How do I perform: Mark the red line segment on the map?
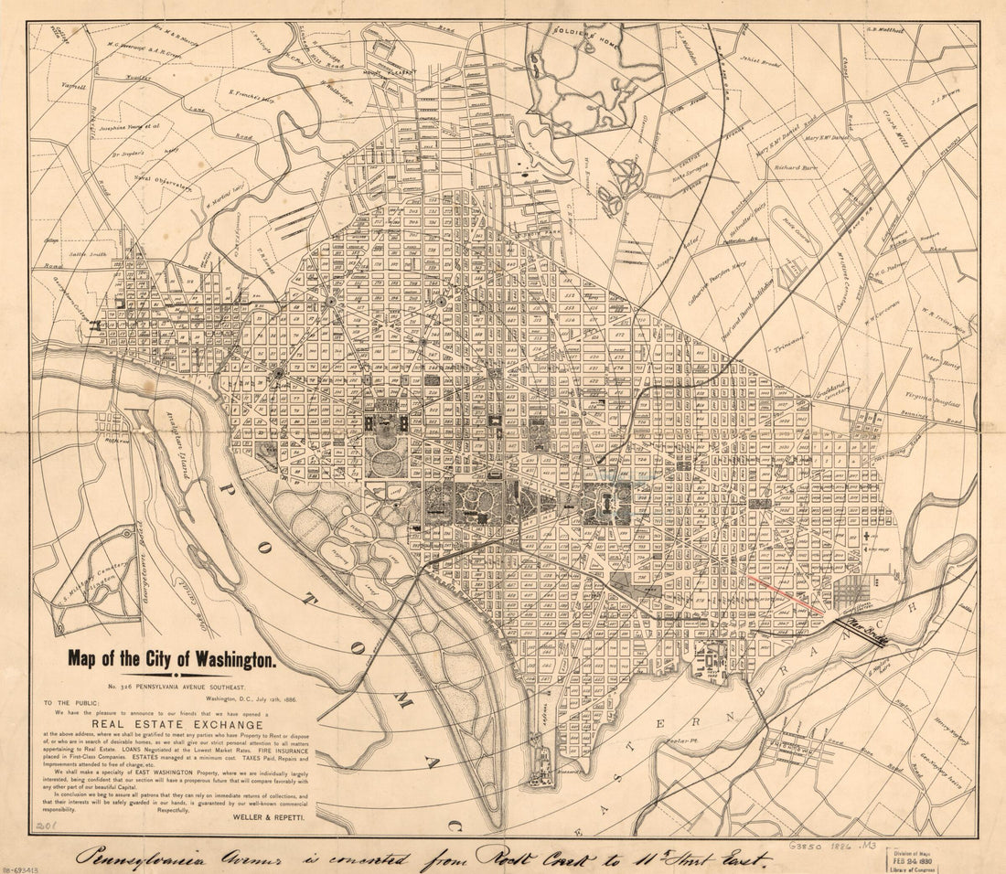(786, 594)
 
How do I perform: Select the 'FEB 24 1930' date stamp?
(916, 858)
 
